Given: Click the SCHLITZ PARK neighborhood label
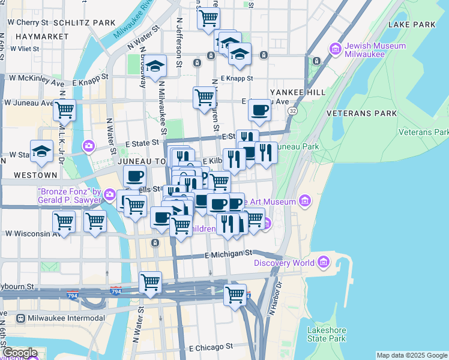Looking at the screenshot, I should (84, 23).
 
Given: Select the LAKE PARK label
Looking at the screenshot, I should (411, 25).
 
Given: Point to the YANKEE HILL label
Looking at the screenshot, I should (298, 92).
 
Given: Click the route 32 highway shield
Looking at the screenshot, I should (292, 111).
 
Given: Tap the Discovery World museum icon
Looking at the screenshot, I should (324, 262).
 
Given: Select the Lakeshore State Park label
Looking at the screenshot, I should (327, 334).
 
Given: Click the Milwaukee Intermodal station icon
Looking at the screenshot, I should (21, 318).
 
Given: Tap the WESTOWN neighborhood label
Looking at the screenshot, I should (35, 175).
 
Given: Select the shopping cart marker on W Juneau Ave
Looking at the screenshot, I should (64, 111).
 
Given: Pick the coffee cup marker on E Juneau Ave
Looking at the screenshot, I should (259, 110).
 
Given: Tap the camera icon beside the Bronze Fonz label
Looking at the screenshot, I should (109, 194).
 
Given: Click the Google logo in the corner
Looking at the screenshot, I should (20, 353).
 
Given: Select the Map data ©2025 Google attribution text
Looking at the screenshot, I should (412, 355).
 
